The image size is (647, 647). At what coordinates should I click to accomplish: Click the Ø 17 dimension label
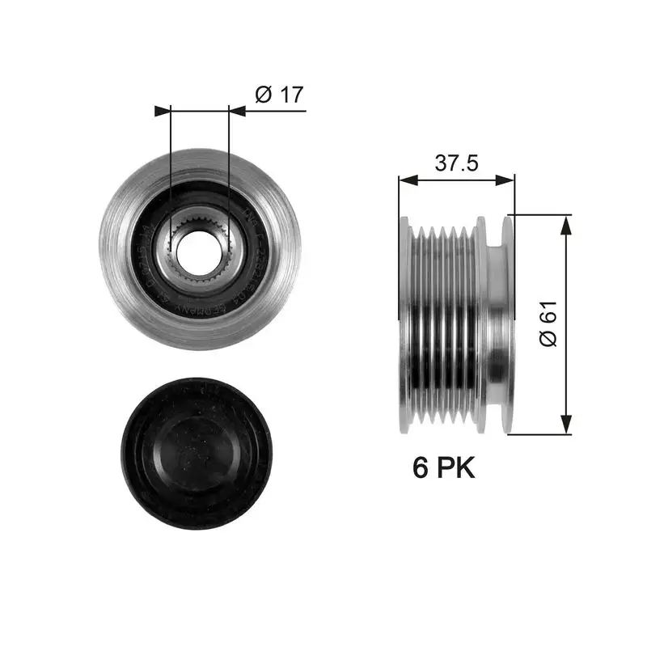(x=278, y=95)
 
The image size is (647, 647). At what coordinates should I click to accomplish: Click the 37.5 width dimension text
(x=457, y=163)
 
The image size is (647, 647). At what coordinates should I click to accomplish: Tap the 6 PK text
(x=444, y=467)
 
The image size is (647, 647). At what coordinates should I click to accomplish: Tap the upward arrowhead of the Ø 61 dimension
(x=567, y=223)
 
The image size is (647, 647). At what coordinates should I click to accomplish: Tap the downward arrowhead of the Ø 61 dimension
(x=567, y=424)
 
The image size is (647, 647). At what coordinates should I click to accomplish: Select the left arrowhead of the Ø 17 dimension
(x=163, y=111)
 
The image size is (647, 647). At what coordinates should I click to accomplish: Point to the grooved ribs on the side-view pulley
(x=445, y=323)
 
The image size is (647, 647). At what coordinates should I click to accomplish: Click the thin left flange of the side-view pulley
(x=404, y=323)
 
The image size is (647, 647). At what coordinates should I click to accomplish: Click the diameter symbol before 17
(x=262, y=95)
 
